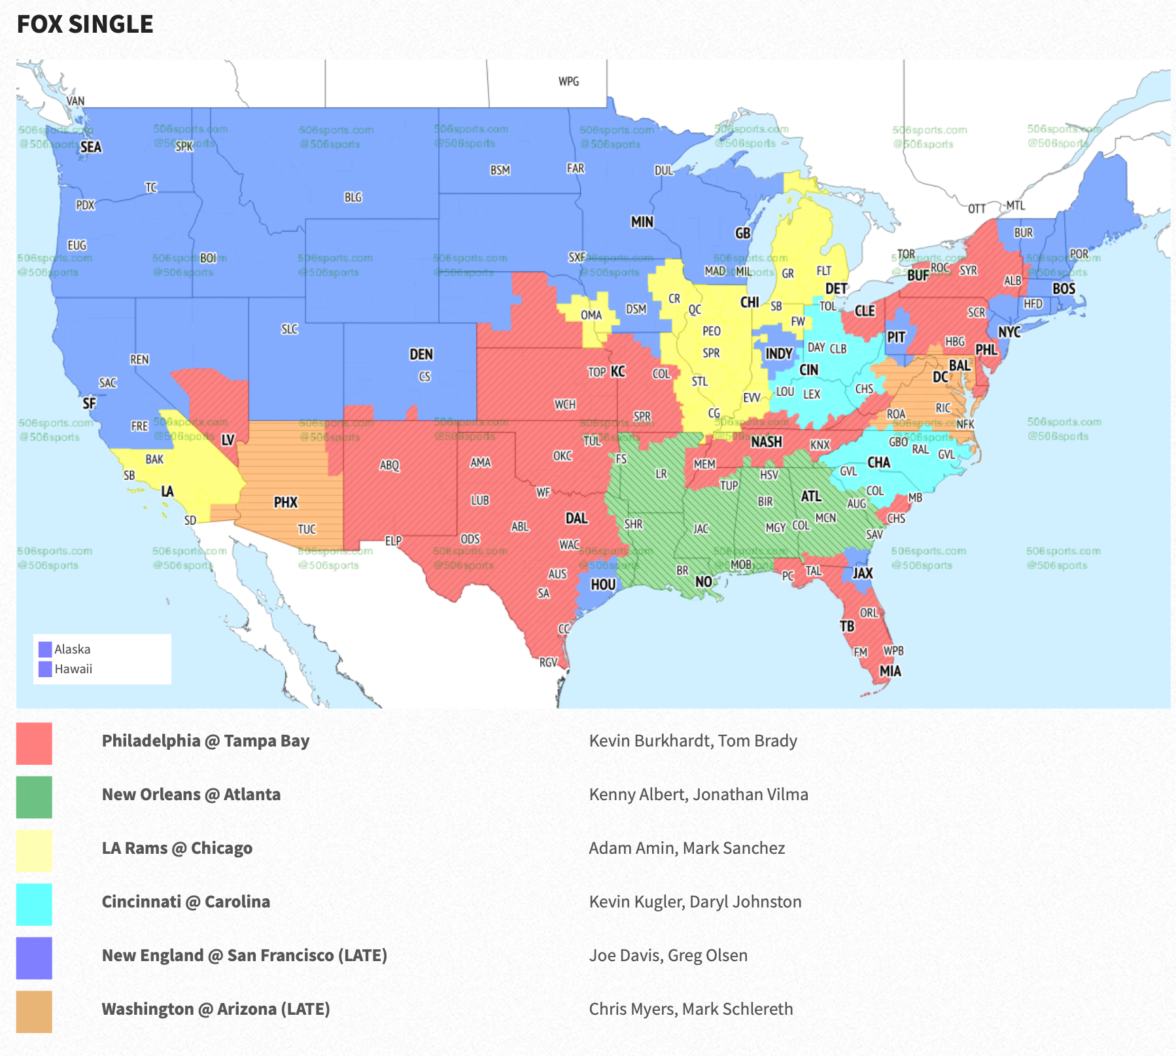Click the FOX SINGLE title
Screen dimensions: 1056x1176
point(85,24)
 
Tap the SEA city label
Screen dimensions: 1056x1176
point(91,147)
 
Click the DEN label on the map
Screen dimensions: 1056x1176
point(421,355)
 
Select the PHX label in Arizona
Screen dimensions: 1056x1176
point(286,502)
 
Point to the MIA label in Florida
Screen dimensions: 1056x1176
point(890,671)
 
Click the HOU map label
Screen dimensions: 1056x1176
point(603,585)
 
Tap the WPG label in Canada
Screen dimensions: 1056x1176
point(568,82)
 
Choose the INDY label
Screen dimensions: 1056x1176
point(779,354)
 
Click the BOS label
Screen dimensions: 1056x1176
point(1064,289)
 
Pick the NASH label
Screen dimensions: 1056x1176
point(766,442)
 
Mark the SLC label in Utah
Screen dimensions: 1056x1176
point(290,329)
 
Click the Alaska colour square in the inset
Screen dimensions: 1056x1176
point(45,649)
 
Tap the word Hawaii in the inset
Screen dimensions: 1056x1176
point(73,669)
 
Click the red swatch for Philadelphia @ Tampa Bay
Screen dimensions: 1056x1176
point(34,743)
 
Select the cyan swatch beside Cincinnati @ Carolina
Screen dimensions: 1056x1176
point(34,904)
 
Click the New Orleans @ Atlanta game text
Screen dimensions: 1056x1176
point(191,794)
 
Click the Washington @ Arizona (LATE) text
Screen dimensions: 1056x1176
point(216,1009)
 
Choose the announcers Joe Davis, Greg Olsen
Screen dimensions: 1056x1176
point(668,955)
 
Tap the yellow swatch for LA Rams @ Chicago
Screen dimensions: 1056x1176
point(34,851)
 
